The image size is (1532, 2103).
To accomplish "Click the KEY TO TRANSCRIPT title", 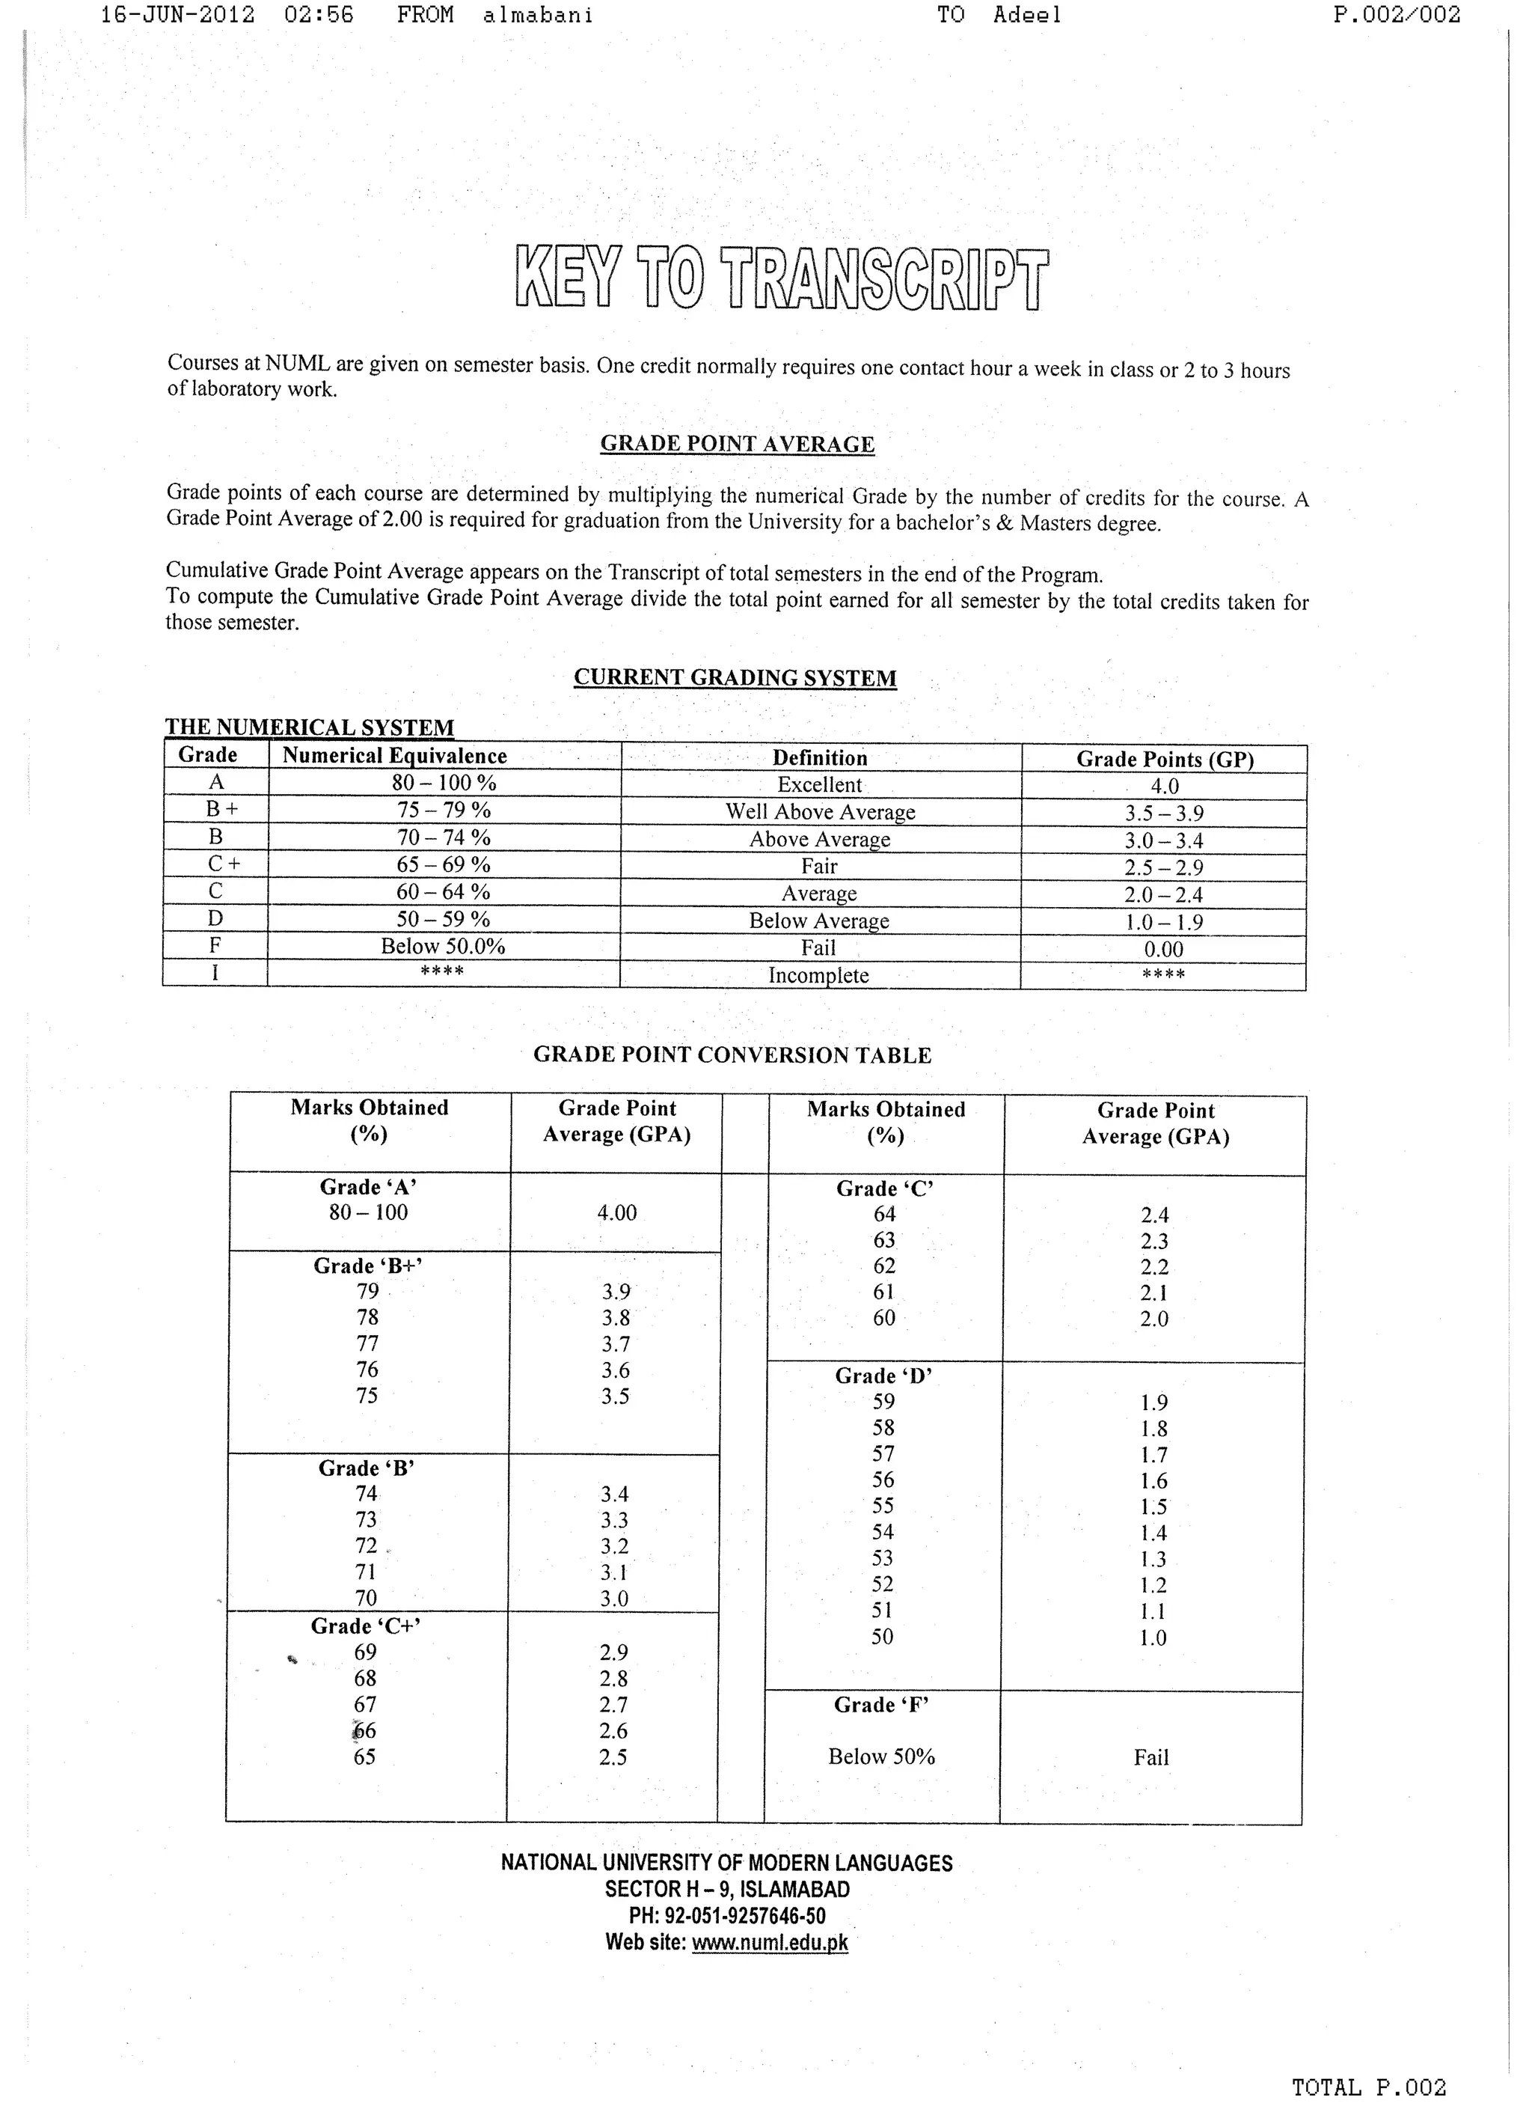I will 782,278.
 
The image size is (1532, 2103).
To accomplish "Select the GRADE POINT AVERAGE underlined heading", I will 738,445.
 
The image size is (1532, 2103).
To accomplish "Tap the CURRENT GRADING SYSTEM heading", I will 735,678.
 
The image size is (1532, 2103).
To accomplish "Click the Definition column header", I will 820,758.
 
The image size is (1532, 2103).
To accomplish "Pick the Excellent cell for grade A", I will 820,785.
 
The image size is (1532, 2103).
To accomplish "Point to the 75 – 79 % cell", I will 444,810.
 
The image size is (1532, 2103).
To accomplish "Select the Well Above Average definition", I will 820,813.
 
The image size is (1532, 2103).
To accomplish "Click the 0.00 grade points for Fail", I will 1164,949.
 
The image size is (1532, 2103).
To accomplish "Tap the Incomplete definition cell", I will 819,976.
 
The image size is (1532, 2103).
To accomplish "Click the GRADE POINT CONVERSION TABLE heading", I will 732,1056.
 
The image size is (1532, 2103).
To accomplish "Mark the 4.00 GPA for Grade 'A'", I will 616,1213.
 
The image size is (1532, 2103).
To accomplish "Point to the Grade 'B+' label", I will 368,1266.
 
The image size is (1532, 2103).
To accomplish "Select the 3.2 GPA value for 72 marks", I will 614,1546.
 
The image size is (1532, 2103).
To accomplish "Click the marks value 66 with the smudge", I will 364,1731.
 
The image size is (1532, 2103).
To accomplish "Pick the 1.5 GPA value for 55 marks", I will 1153,1507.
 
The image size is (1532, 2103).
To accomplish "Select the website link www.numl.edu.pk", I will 770,1944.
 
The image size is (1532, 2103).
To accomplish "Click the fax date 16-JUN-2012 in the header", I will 177,15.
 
